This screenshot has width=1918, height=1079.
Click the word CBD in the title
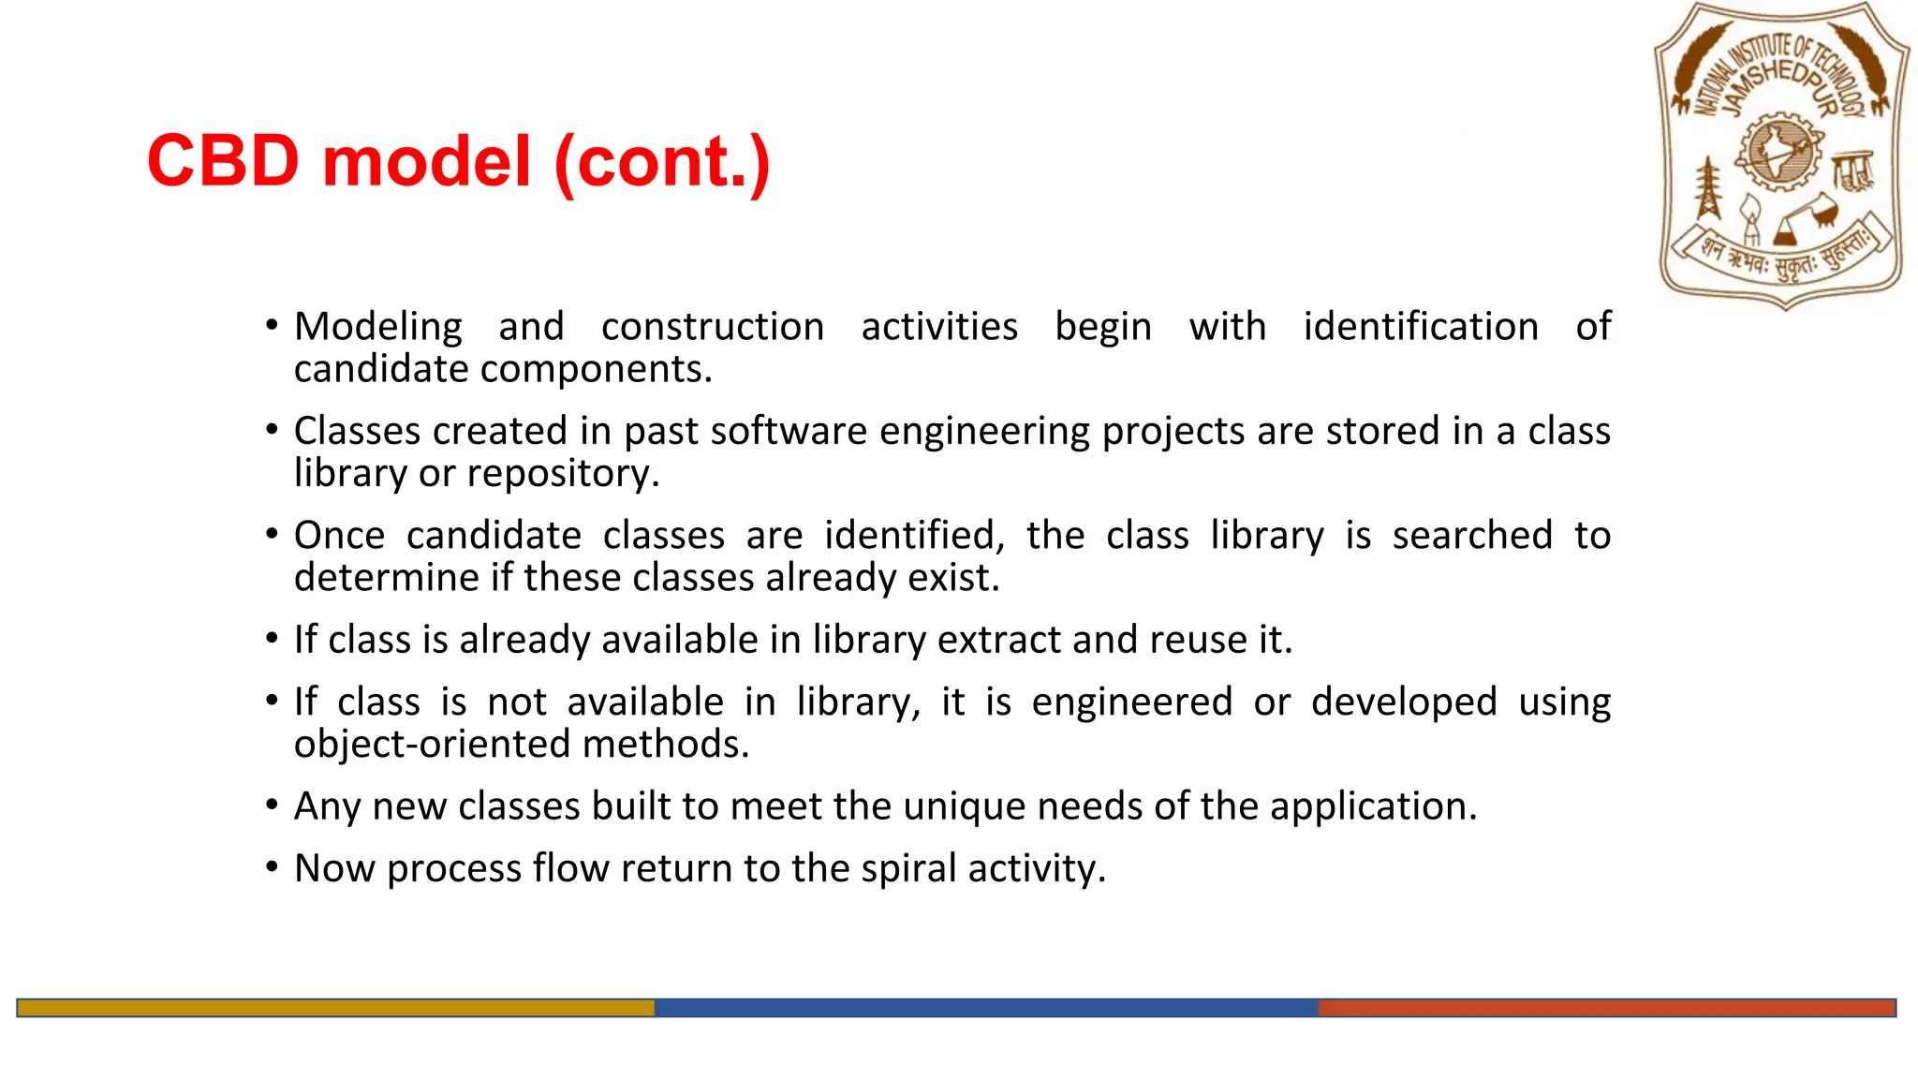223,161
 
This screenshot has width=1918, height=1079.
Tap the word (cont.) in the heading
662,163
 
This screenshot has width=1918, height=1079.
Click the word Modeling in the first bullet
378,328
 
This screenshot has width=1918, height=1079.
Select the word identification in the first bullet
1421,327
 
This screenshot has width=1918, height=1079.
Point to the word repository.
563,474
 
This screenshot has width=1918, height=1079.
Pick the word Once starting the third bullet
339,536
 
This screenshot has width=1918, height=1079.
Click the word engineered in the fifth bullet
1131,702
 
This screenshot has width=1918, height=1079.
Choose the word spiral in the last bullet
909,869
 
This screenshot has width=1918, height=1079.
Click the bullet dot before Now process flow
272,867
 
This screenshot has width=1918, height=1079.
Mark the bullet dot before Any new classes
272,806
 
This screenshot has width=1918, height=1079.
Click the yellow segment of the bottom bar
335,1008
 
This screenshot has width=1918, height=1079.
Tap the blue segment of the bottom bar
985,1008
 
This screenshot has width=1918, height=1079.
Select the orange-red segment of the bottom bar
1606,1008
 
